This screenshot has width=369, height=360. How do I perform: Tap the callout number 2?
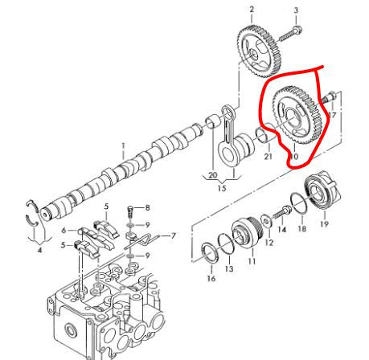[x=250, y=9]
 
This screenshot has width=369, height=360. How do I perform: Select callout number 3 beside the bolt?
[x=295, y=10]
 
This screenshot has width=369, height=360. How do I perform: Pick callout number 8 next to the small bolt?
[x=147, y=207]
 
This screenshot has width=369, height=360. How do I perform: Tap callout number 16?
[x=211, y=279]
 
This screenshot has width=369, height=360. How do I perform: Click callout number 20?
[x=213, y=175]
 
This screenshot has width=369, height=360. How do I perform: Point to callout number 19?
[x=324, y=224]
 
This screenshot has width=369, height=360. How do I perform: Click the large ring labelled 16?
[x=207, y=253]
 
